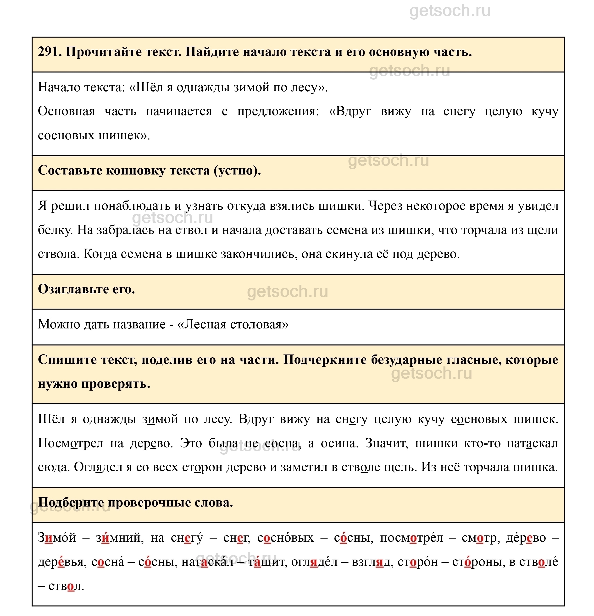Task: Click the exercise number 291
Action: point(49,52)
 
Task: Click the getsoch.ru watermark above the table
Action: point(450,11)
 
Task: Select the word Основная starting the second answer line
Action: point(66,111)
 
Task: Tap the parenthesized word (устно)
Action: point(237,170)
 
